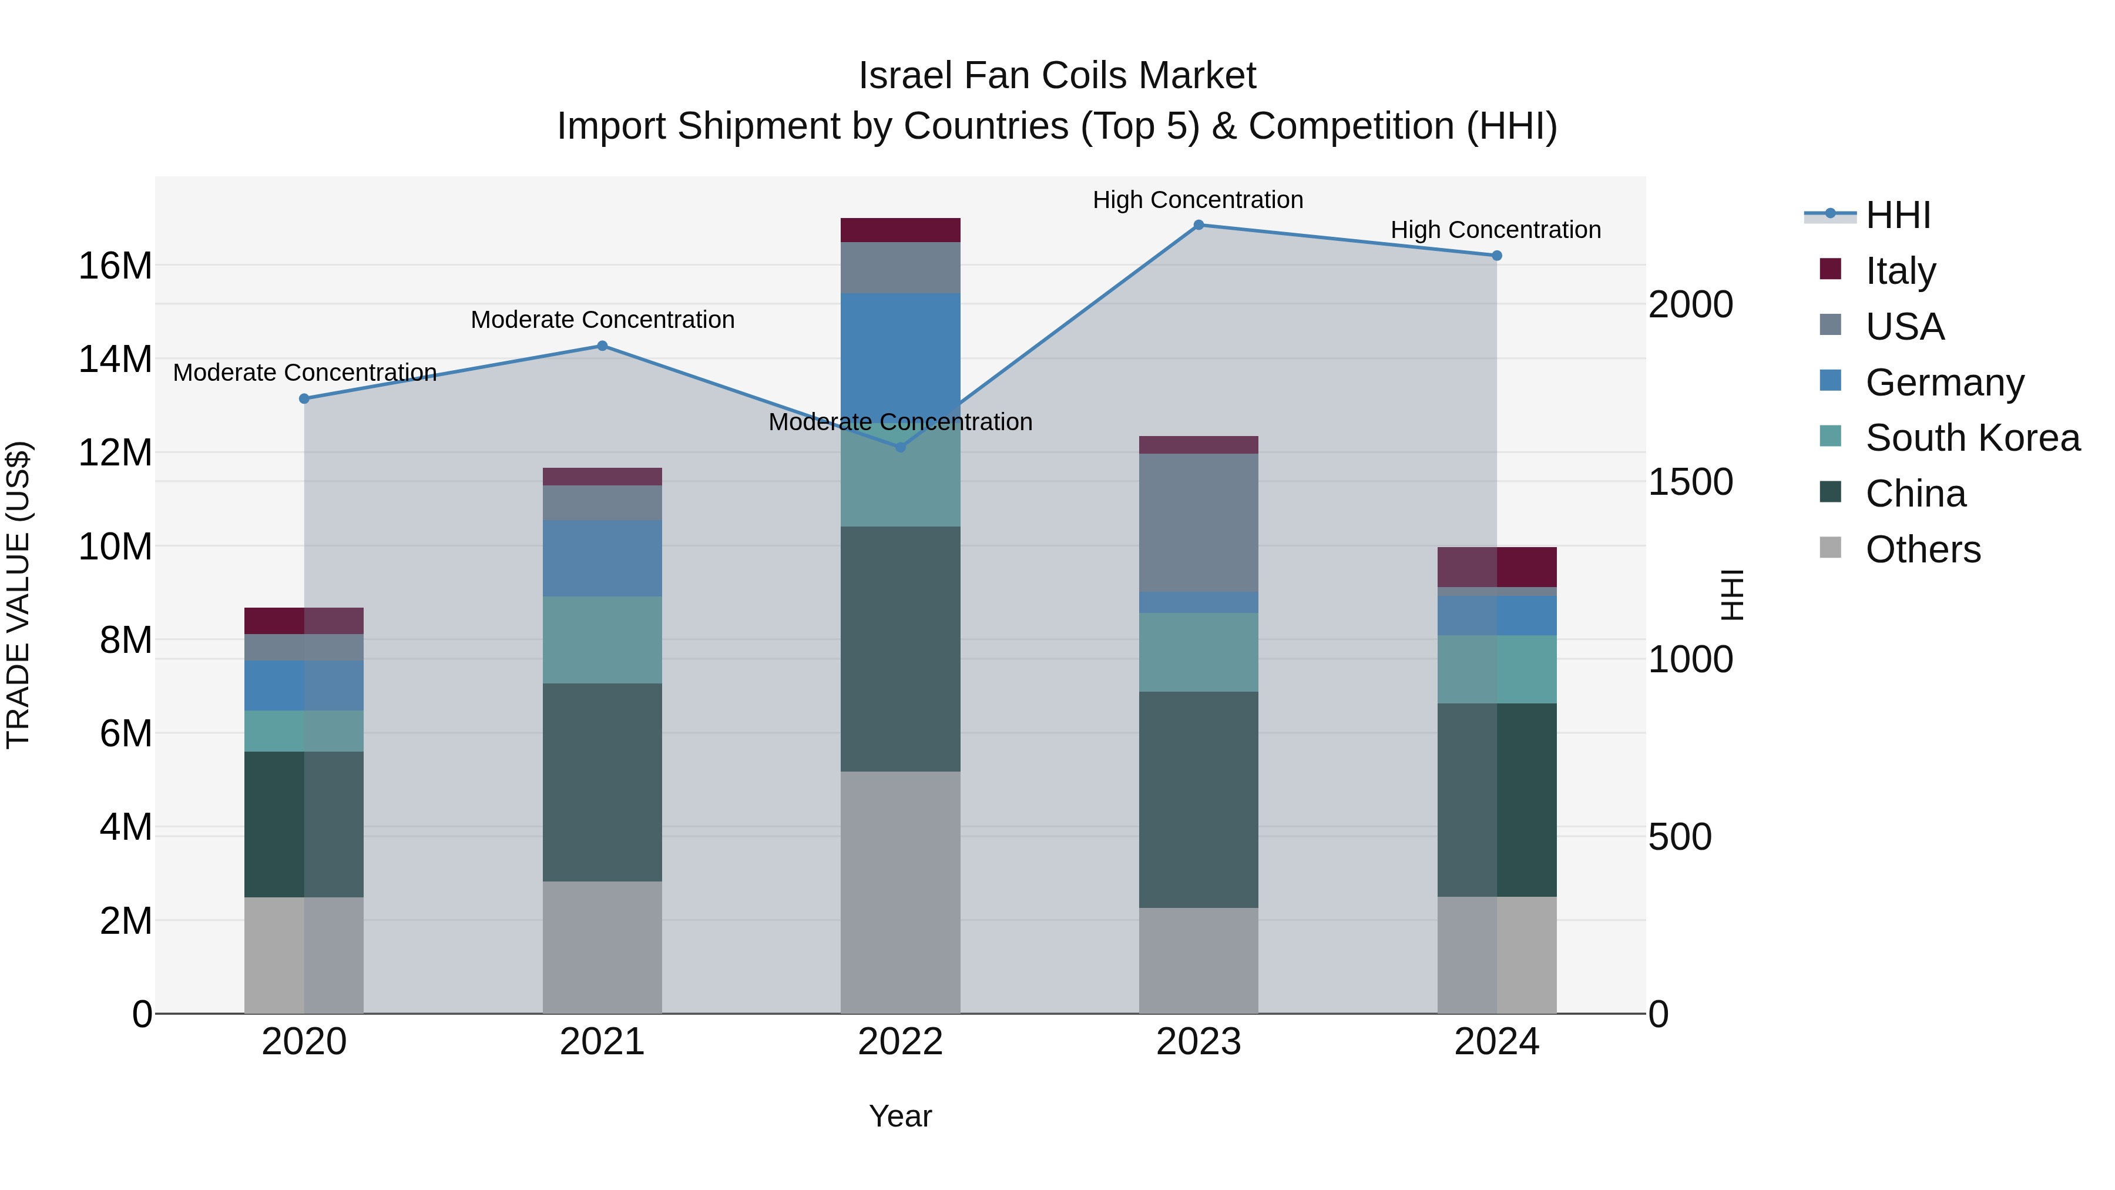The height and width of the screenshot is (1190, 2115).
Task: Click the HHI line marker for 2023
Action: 1198,225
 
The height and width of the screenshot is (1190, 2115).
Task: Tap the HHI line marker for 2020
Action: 304,399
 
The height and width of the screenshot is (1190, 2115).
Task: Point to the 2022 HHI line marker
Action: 900,448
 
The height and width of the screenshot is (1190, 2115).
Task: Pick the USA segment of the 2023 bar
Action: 1198,522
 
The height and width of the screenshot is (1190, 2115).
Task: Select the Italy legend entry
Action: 1900,271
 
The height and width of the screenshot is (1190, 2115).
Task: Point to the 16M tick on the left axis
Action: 115,266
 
